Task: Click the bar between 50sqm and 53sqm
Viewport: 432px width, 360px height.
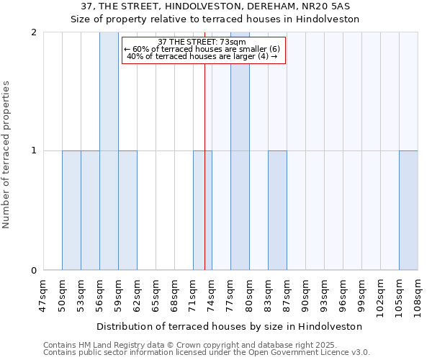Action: [71, 210]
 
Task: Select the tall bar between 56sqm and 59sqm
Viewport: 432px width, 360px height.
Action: [109, 151]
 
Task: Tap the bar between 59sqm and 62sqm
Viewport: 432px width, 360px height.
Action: [127, 210]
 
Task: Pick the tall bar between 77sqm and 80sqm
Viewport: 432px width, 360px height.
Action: [240, 151]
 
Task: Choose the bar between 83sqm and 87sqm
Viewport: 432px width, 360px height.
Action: [277, 210]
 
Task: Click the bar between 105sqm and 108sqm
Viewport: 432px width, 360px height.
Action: [408, 210]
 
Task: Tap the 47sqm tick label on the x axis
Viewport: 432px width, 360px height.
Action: [43, 295]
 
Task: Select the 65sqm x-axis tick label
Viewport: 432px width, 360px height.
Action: [156, 295]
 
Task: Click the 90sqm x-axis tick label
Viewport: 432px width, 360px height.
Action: [305, 295]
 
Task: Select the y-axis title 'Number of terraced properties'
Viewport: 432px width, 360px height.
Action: [6, 155]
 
